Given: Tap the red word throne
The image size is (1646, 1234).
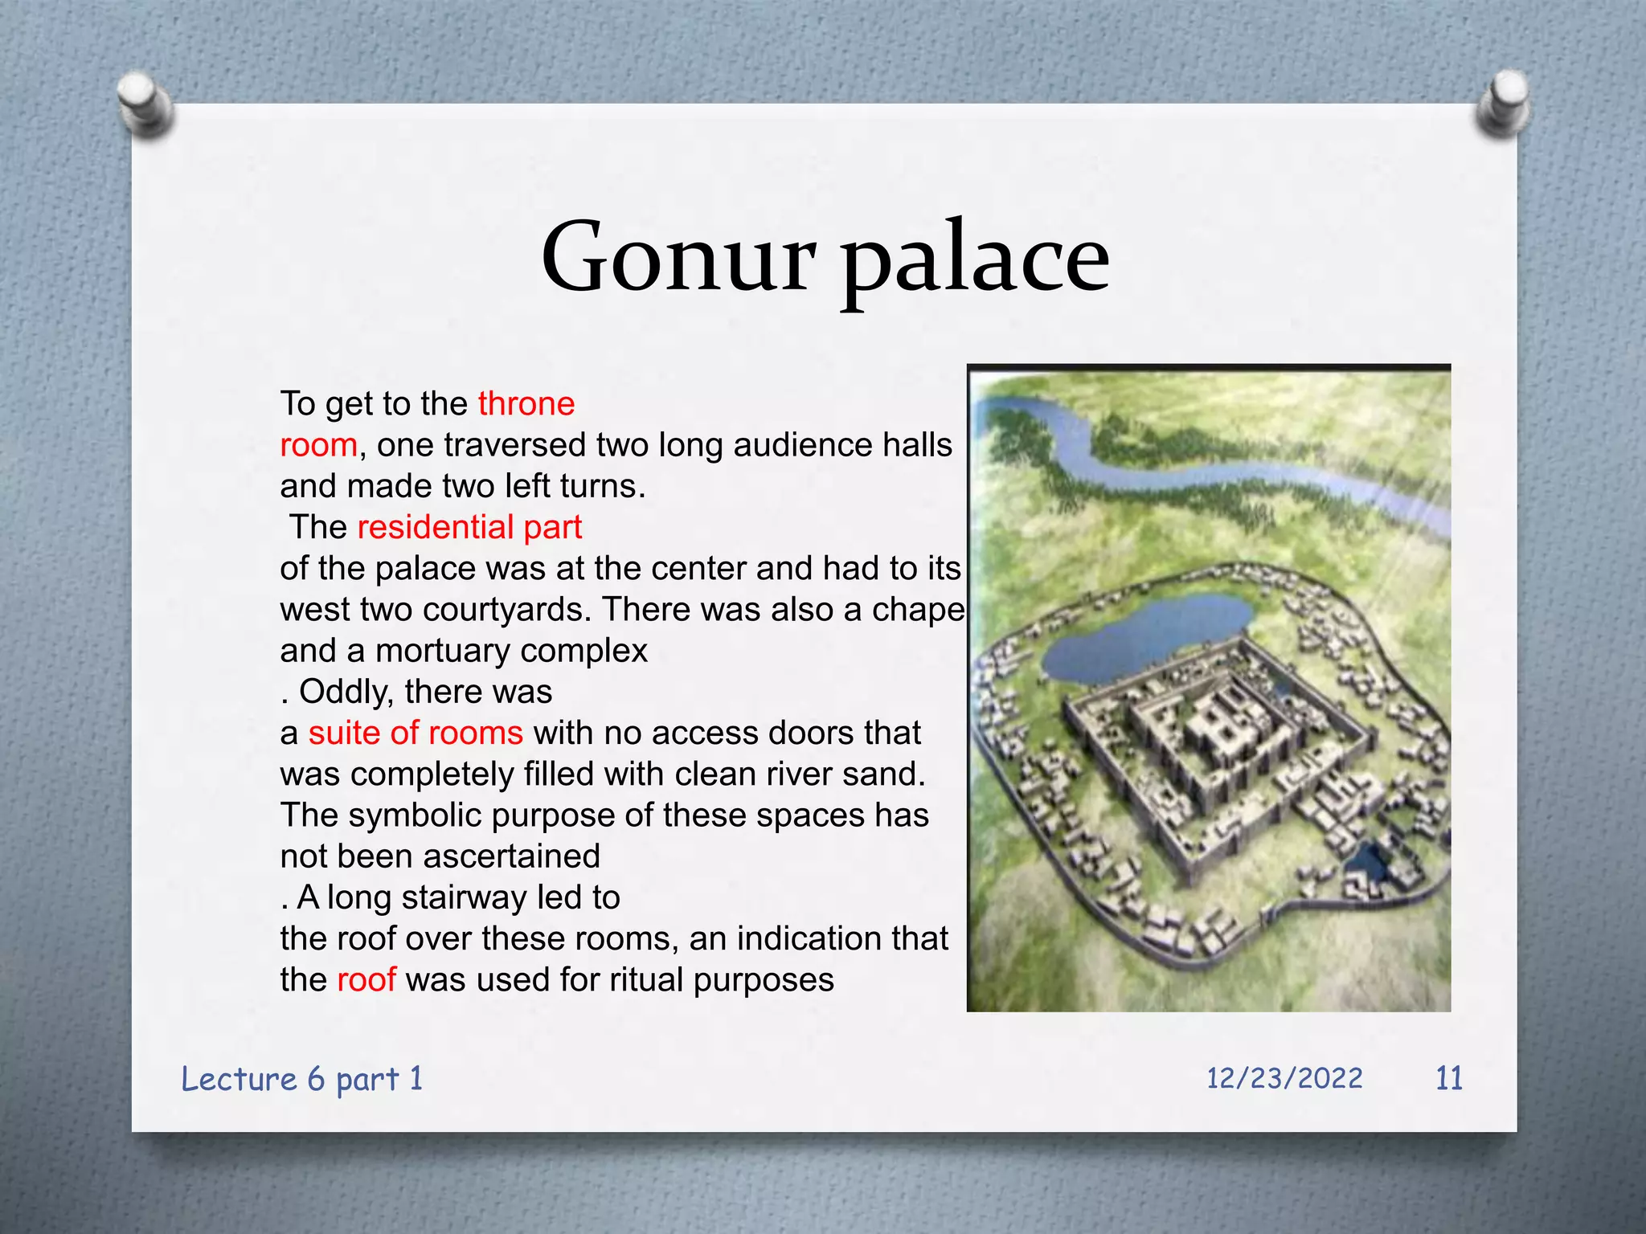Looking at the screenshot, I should tap(526, 403).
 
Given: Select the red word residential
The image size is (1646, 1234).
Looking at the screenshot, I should tap(435, 527).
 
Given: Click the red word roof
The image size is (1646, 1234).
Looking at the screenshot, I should tap(366, 979).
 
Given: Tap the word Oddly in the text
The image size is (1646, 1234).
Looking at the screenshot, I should tap(346, 692).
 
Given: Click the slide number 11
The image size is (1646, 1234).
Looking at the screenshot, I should tap(1448, 1078).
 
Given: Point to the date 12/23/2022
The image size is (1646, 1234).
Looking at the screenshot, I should tap(1284, 1078).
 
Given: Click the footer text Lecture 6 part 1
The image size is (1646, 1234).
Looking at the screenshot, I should tap(302, 1079).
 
